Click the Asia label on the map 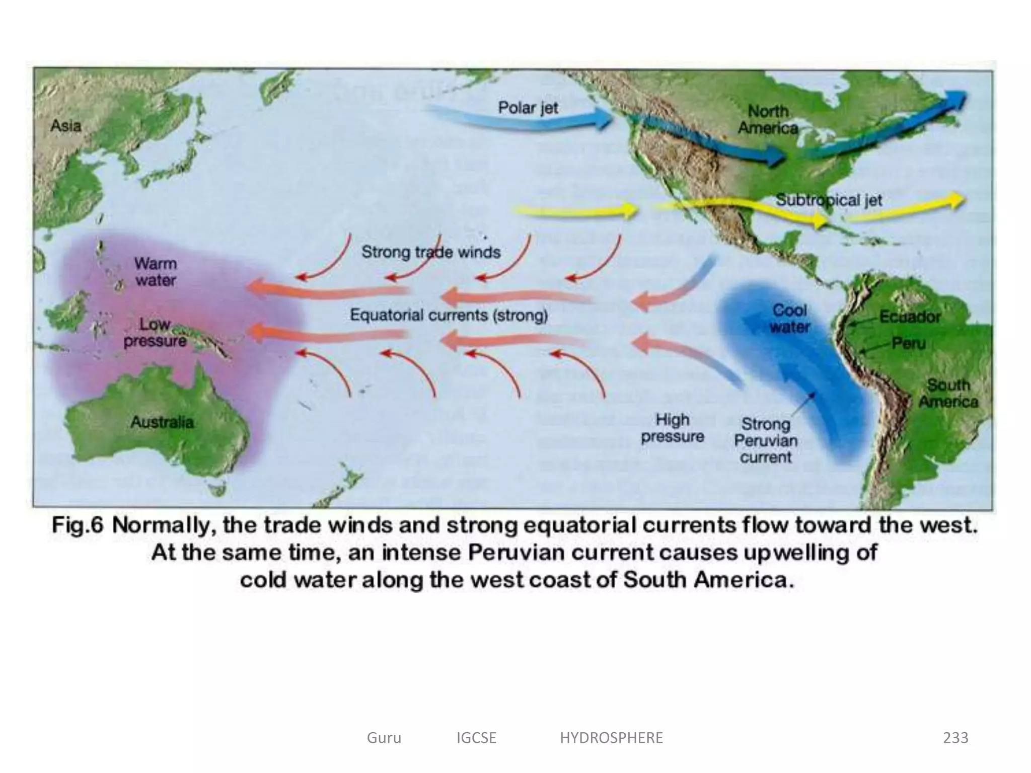[65, 125]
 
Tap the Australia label [162, 422]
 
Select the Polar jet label [528, 108]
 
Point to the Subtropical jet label [829, 200]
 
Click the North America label [768, 119]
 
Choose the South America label [948, 393]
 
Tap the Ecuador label [910, 317]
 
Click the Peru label [909, 343]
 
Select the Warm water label [156, 272]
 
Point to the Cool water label [789, 319]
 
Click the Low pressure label [155, 333]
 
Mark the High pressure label [673, 428]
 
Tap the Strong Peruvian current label [766, 440]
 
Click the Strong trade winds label [431, 252]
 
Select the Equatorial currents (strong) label [449, 315]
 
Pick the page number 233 [955, 738]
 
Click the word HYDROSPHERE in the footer [611, 738]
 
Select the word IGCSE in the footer [476, 738]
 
